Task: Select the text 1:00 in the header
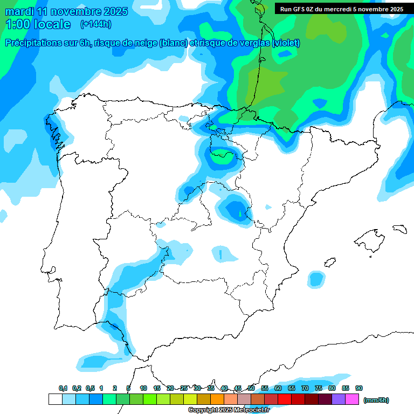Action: coord(18,24)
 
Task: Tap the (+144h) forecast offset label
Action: coord(95,24)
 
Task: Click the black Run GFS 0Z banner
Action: coord(342,9)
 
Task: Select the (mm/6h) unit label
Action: coord(376,400)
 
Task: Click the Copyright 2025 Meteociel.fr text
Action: coord(229,410)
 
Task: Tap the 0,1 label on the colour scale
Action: coord(63,388)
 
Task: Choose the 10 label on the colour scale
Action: coord(143,388)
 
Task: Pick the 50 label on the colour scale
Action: coord(251,388)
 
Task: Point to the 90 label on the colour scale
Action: coord(359,388)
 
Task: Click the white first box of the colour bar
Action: coord(55,399)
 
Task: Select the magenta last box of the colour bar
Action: coord(352,399)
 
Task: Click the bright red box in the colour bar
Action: coord(285,399)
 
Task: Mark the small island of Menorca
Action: coord(399,229)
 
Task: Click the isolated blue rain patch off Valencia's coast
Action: coord(316,279)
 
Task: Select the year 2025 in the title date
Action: coord(115,11)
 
